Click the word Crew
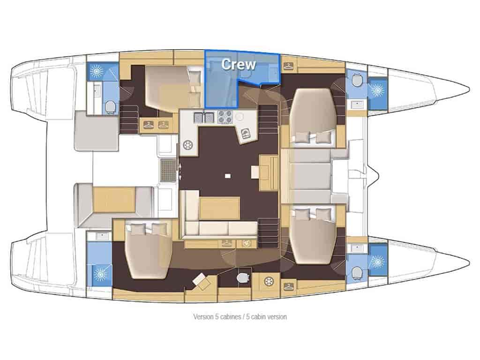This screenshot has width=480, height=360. click(x=238, y=64)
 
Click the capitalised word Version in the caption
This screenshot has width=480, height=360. click(x=203, y=316)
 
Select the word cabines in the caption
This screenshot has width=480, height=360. click(x=230, y=316)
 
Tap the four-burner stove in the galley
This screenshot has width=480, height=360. click(x=225, y=117)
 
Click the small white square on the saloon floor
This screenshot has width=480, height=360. click(x=227, y=176)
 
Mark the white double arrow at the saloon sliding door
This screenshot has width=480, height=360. click(x=180, y=172)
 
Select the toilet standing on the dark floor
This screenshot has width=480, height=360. click(x=243, y=277)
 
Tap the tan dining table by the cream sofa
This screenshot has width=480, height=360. click(x=219, y=209)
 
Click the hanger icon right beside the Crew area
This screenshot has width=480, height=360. click(x=289, y=66)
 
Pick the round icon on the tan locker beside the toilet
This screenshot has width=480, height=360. click(x=269, y=281)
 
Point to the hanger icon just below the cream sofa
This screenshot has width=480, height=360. click(x=226, y=244)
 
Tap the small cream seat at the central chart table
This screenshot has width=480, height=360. click(x=255, y=172)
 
